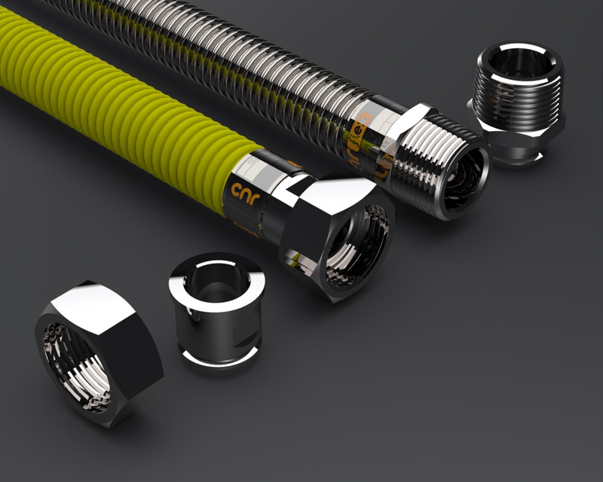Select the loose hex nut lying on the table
point(97,354)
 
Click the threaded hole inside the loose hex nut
point(75,369)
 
